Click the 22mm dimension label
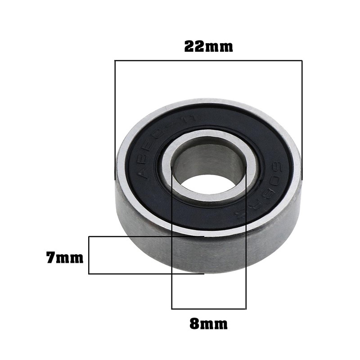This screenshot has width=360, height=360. (208, 46)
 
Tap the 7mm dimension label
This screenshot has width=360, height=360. (64, 258)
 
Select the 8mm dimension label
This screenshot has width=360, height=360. (208, 324)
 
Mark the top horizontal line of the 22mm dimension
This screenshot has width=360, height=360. (208, 61)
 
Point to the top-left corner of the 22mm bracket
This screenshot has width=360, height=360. (115, 61)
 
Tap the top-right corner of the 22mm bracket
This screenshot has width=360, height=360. (301, 61)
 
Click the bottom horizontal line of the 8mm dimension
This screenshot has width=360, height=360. (208, 309)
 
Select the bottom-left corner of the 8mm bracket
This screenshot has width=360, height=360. (172, 309)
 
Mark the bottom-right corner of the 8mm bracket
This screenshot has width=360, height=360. (246, 309)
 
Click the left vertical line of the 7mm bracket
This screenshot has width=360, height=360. (89, 255)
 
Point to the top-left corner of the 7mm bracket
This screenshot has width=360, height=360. (89, 237)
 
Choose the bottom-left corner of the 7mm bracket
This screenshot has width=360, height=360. (89, 274)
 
